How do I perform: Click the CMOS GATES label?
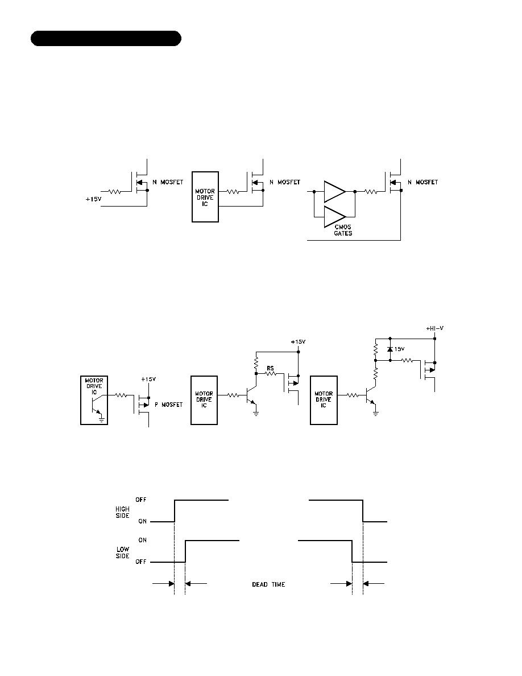point(343,230)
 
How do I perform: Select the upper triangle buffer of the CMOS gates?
point(335,191)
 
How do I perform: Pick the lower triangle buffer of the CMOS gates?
point(335,217)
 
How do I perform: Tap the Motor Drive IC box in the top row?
point(205,197)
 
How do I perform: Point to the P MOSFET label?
point(168,405)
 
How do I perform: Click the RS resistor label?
point(271,368)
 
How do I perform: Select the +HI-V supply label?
point(435,328)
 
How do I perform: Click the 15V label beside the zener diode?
point(400,349)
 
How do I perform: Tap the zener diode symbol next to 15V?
point(390,349)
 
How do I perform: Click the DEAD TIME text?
point(268,584)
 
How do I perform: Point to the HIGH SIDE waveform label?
point(122,512)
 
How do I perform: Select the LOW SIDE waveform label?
point(123,553)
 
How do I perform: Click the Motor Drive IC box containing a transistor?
point(94,401)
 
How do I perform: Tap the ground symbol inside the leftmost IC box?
point(102,419)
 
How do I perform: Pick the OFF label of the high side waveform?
point(141,500)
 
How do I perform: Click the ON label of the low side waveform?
point(143,540)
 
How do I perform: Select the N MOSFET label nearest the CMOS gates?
point(423,182)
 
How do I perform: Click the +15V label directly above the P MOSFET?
point(148,380)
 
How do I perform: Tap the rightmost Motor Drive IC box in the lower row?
point(324,401)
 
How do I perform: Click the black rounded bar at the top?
point(106,38)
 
